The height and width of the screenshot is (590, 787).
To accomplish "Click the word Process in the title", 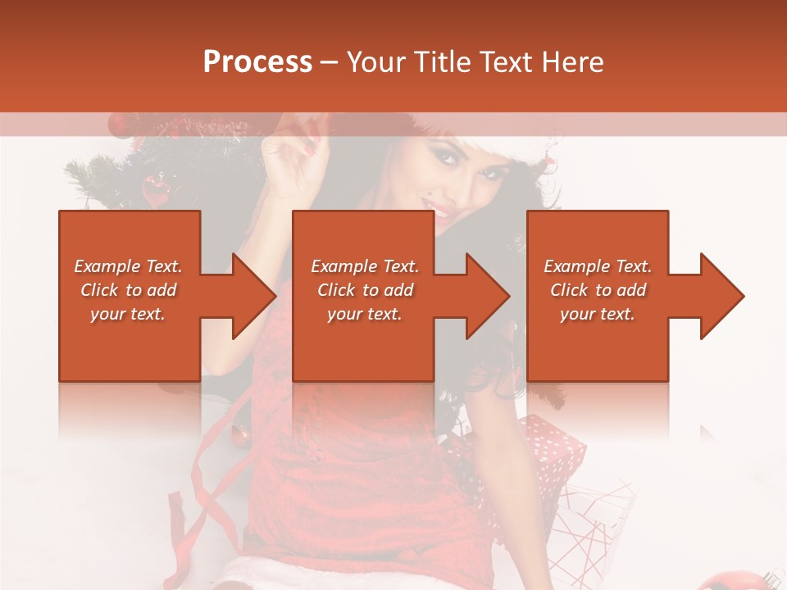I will pos(257,62).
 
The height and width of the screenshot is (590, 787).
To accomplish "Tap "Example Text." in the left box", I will pos(128,266).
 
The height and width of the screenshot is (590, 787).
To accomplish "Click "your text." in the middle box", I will pos(365,314).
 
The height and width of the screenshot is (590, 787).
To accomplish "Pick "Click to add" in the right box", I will pos(598,290).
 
